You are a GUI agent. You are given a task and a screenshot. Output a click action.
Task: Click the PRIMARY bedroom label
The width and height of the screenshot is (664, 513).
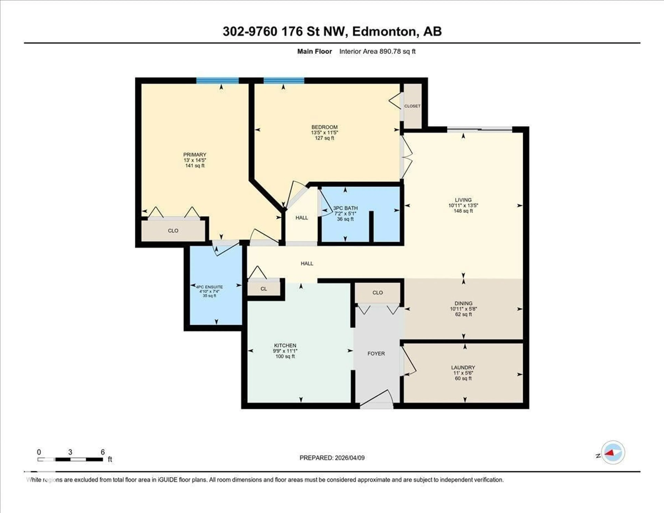click(x=195, y=154)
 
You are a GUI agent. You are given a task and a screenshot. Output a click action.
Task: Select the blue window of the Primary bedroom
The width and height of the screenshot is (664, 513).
click(x=217, y=81)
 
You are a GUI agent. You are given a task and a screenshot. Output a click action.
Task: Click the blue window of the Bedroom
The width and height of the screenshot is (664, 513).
click(x=284, y=81)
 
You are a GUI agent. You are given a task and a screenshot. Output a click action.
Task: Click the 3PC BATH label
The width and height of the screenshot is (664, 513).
click(x=345, y=208)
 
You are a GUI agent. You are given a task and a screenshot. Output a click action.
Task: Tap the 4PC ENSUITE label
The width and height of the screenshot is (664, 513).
click(x=209, y=287)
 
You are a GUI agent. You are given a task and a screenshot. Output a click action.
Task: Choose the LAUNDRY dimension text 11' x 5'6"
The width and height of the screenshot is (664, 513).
click(x=463, y=373)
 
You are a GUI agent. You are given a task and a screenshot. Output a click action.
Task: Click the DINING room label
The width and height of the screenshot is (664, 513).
click(x=463, y=303)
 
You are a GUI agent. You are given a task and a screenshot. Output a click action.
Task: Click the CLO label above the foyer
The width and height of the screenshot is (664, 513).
click(x=378, y=292)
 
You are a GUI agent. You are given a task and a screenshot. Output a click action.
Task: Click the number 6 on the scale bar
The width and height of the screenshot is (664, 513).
click(x=103, y=452)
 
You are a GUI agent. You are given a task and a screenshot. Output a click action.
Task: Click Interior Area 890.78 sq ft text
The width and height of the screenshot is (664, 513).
click(x=377, y=51)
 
